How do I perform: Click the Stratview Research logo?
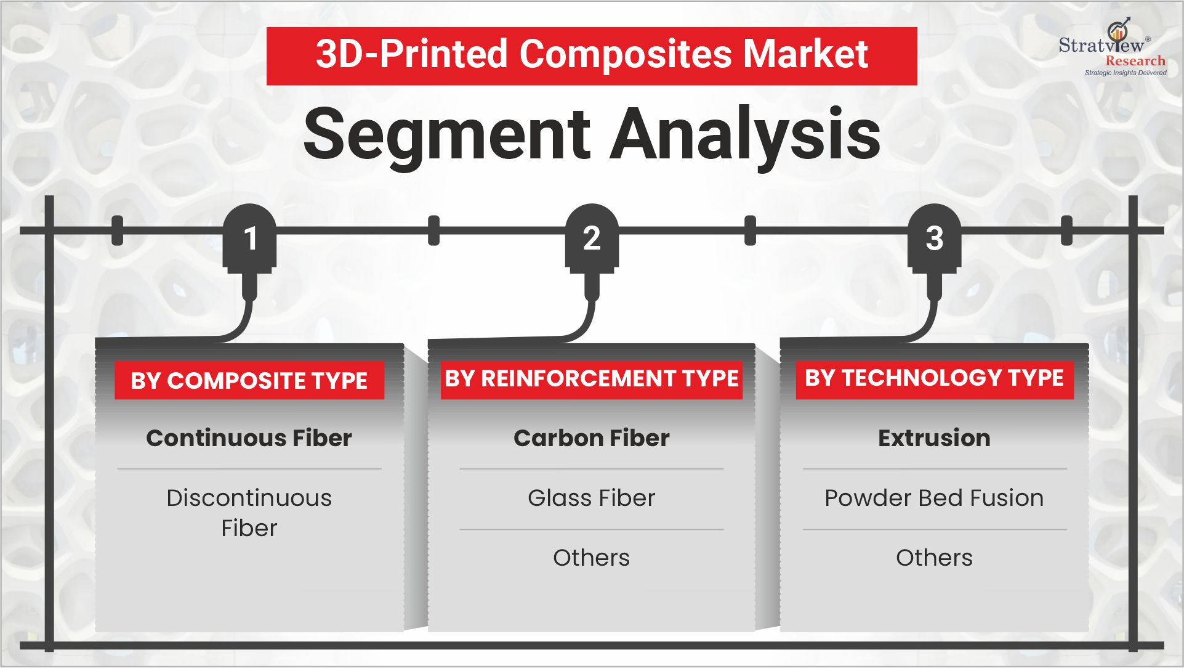[x=1111, y=47]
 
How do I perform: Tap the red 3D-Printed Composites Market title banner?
[x=591, y=55]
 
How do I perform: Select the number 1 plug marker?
[x=249, y=239]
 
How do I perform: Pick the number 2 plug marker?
[x=592, y=239]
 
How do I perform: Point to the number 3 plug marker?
[x=934, y=239]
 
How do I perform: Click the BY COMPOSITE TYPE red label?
[x=249, y=381]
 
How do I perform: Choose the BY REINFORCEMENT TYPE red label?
[x=591, y=378]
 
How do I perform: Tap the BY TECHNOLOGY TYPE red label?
[x=934, y=378]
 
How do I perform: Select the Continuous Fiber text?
[x=249, y=438]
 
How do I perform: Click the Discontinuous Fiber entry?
[x=249, y=513]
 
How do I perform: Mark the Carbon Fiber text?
[x=591, y=438]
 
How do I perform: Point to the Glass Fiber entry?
[x=591, y=498]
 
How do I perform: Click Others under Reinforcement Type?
[x=591, y=558]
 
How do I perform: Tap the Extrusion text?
[x=934, y=438]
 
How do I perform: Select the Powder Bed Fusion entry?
[x=934, y=498]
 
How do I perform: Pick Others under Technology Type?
[x=934, y=558]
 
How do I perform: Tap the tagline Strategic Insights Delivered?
[x=1125, y=73]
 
